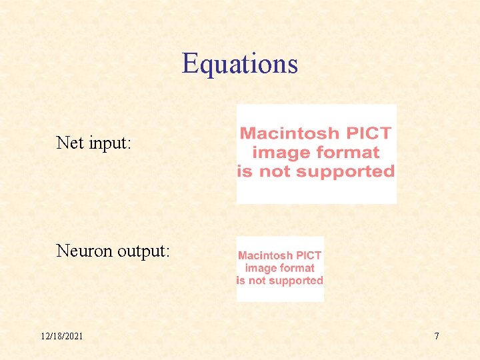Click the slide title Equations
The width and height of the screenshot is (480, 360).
point(239,64)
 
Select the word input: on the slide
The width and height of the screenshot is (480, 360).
point(110,143)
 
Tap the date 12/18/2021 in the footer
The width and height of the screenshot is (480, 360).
point(61,336)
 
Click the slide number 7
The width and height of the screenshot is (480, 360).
point(437,336)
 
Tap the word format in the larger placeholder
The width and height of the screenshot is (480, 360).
point(347,153)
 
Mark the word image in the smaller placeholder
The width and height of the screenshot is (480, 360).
point(259,268)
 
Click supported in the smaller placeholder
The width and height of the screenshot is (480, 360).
point(297,281)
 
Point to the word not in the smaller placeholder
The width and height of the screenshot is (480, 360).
point(258,281)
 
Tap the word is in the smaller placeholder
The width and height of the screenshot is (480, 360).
point(241,281)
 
